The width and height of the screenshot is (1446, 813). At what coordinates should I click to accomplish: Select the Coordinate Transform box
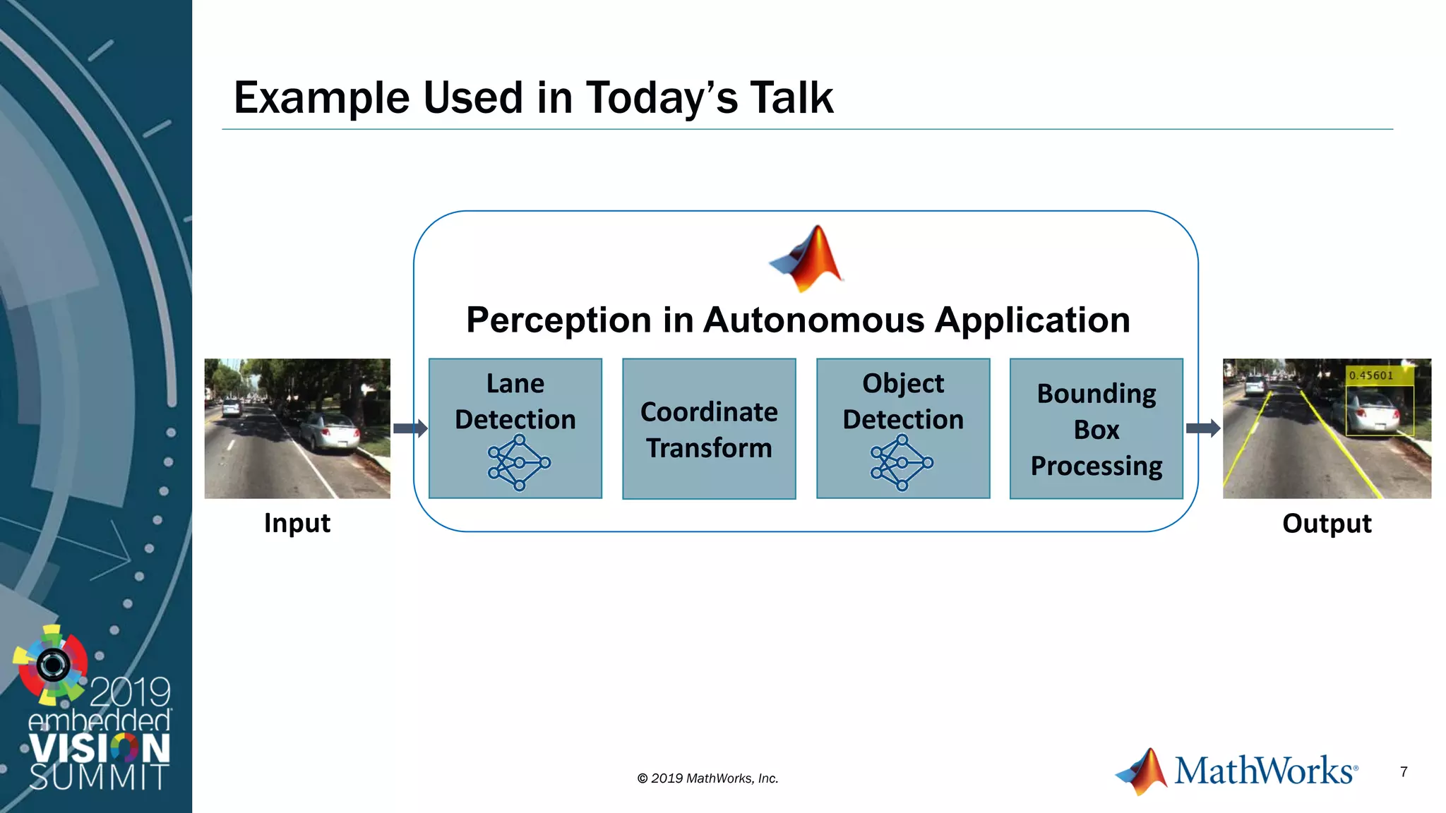pyautogui.click(x=709, y=429)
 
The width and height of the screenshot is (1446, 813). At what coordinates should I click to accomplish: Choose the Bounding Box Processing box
pyautogui.click(x=1096, y=429)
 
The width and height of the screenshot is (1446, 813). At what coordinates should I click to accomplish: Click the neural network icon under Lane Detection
pyautogui.click(x=519, y=463)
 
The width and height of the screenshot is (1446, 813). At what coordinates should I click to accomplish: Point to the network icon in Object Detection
pyautogui.click(x=902, y=463)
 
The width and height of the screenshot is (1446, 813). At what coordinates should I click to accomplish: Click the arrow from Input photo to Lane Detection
pyautogui.click(x=410, y=428)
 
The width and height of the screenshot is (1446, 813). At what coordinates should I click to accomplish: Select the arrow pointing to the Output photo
pyautogui.click(x=1203, y=428)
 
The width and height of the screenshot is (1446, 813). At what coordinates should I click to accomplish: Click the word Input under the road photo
pyautogui.click(x=297, y=524)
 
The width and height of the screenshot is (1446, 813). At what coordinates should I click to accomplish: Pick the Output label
pyautogui.click(x=1327, y=524)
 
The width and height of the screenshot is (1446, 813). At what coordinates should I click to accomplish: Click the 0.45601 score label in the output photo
pyautogui.click(x=1371, y=375)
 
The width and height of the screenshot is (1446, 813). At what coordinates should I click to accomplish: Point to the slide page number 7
pyautogui.click(x=1404, y=772)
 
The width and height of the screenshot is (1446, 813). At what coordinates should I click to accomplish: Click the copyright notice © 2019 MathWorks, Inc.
pyautogui.click(x=707, y=778)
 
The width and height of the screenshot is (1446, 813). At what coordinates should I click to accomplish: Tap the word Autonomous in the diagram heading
pyautogui.click(x=813, y=320)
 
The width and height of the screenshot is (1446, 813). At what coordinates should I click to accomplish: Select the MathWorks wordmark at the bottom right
pyautogui.click(x=1265, y=770)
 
